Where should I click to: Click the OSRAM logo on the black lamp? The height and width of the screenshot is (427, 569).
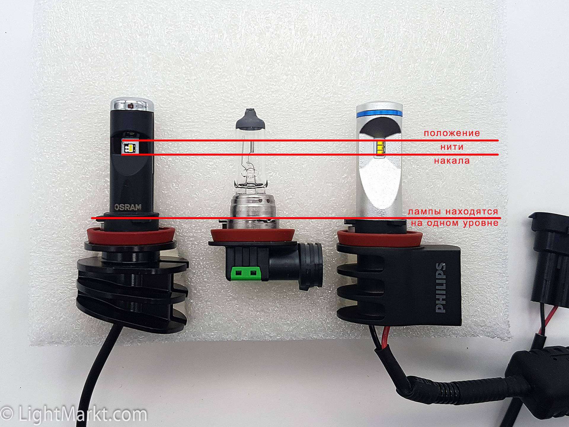pos(128,207)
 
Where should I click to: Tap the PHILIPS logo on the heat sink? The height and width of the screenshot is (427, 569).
pos(441,287)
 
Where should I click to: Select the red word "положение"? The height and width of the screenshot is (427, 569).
pos(452,133)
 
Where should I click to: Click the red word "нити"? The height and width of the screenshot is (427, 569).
pos(452,147)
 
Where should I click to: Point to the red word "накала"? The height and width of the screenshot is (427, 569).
pos(452,161)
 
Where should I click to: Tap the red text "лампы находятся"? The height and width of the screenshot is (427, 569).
pos(453,212)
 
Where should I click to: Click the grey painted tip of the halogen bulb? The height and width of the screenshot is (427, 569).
pos(251,118)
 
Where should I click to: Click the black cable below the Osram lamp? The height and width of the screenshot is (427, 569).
pos(98,374)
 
